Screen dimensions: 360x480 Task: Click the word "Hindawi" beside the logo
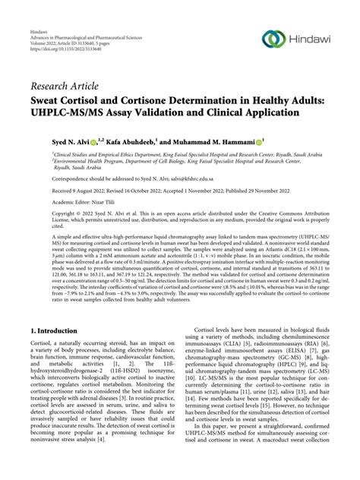tap(312, 38)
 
